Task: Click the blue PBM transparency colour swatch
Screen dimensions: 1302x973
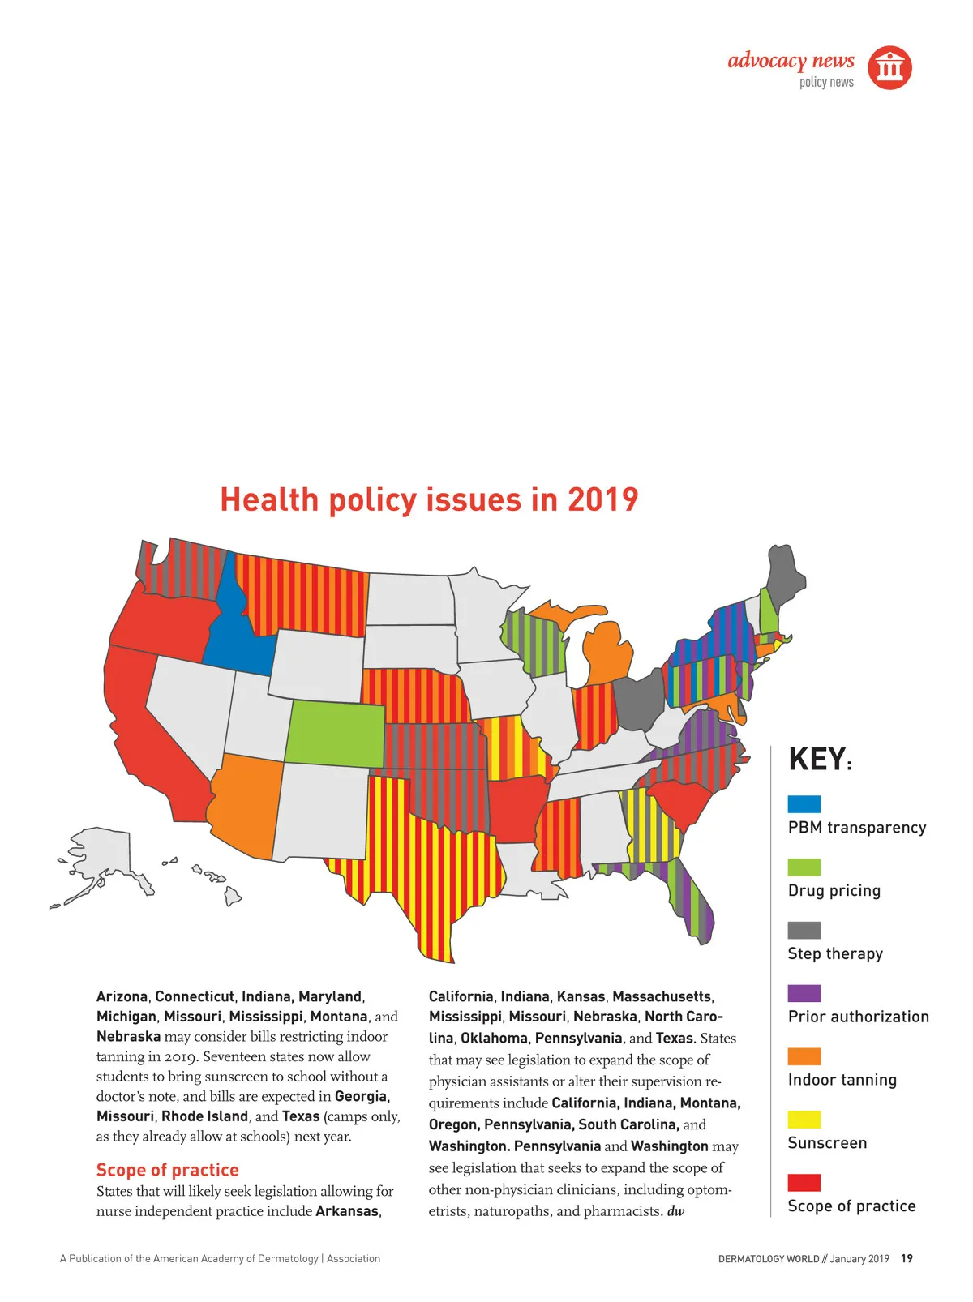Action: pyautogui.click(x=804, y=803)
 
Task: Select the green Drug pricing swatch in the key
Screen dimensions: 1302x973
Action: pyautogui.click(x=804, y=867)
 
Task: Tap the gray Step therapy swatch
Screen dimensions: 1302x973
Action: pyautogui.click(x=804, y=930)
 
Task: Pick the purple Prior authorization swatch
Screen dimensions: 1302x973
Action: pyautogui.click(x=804, y=993)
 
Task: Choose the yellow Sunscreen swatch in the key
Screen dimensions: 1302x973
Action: pyautogui.click(x=804, y=1120)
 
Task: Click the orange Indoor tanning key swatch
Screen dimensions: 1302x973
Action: pyautogui.click(x=804, y=1056)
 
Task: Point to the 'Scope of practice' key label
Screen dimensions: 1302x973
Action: pyautogui.click(x=851, y=1206)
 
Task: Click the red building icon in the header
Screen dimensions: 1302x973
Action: pyautogui.click(x=889, y=67)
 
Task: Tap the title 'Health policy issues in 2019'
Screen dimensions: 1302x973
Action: pyautogui.click(x=429, y=499)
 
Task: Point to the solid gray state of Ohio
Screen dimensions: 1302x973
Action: pyautogui.click(x=638, y=702)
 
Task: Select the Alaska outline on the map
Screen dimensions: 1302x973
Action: pyautogui.click(x=101, y=859)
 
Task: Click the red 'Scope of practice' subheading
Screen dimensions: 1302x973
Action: pyautogui.click(x=167, y=1170)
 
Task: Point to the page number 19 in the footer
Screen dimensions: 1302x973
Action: pyautogui.click(x=907, y=1258)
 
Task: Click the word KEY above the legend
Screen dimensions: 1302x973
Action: pyautogui.click(x=817, y=760)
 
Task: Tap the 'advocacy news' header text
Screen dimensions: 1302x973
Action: pyautogui.click(x=791, y=61)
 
